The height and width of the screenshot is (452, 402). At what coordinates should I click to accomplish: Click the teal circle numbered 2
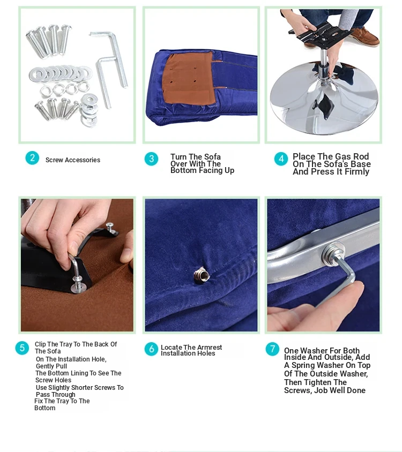[x=32, y=158]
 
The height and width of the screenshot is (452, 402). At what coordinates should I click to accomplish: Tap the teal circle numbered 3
[x=152, y=159]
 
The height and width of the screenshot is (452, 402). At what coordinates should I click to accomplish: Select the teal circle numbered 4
[x=281, y=159]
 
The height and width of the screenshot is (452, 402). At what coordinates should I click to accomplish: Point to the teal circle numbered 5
[x=22, y=348]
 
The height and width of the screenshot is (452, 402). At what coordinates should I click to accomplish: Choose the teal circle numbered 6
[x=152, y=349]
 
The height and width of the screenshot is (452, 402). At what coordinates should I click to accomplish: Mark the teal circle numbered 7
[x=272, y=349]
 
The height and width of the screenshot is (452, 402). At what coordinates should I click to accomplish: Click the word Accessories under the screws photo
[x=83, y=160]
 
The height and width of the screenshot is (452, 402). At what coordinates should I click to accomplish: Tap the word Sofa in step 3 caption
[x=212, y=157]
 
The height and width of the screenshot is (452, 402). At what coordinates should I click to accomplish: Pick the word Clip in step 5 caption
[x=40, y=344]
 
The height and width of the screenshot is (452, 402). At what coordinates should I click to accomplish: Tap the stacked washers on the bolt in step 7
[x=333, y=254]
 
